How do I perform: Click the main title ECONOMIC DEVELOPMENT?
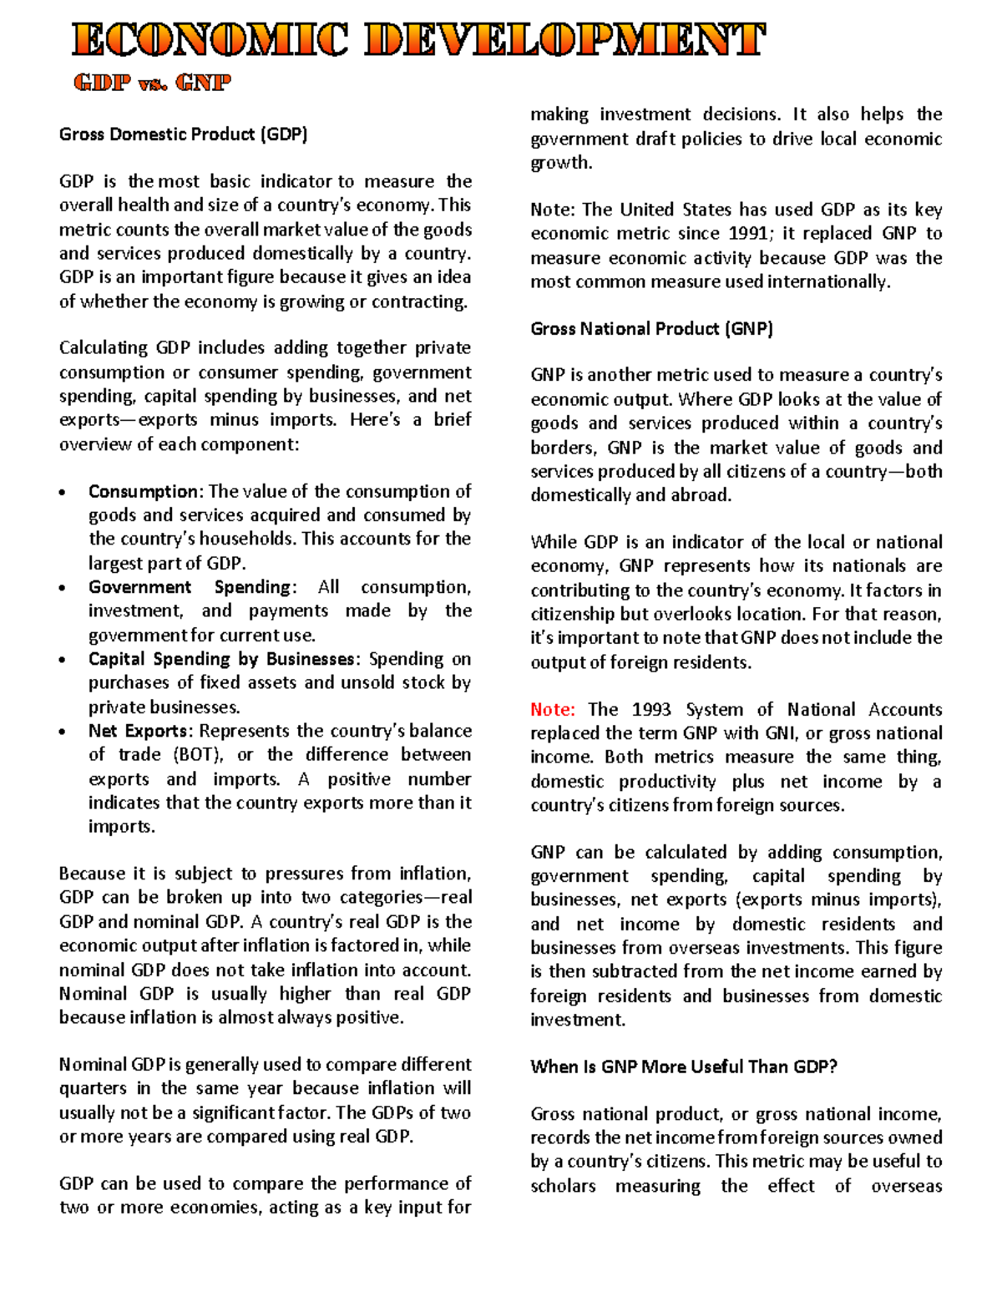click(x=417, y=40)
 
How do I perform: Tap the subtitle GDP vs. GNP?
click(x=152, y=83)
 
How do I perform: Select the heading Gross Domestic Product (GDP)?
click(x=183, y=134)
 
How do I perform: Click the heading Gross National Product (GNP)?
click(x=651, y=329)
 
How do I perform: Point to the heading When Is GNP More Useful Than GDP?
click(x=683, y=1066)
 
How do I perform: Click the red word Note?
click(x=552, y=710)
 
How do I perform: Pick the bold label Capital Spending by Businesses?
click(x=221, y=659)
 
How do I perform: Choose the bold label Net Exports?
click(x=139, y=731)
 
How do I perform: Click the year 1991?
click(x=750, y=234)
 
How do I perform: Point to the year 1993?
click(x=650, y=710)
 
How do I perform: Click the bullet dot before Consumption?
click(x=63, y=493)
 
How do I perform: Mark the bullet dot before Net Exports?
click(x=63, y=732)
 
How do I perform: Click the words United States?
click(x=661, y=210)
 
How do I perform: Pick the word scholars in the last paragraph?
click(x=563, y=1186)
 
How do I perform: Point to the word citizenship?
click(x=572, y=615)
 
